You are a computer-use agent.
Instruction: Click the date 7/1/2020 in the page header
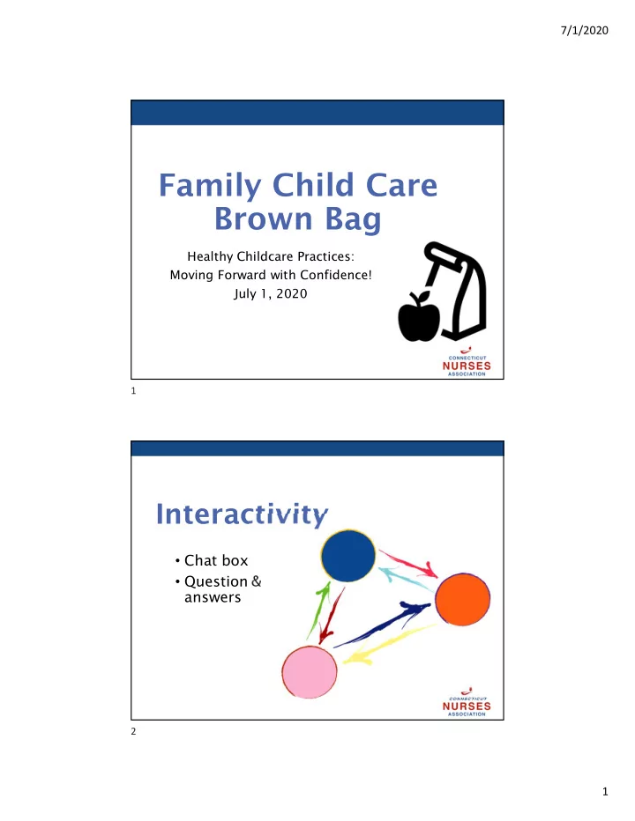[584, 30]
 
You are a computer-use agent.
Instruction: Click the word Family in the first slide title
[210, 186]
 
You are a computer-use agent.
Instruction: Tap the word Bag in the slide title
[353, 218]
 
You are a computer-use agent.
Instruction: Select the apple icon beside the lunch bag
[419, 316]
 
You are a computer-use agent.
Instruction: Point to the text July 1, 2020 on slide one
[271, 293]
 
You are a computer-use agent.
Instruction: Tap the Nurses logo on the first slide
[467, 362]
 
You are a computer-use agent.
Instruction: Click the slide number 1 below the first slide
[133, 390]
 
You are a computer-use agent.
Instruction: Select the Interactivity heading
[242, 514]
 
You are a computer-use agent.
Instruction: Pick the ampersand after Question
[256, 581]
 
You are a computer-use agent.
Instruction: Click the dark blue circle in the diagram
[348, 556]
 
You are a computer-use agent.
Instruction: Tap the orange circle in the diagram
[462, 599]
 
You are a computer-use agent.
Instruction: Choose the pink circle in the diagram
[310, 672]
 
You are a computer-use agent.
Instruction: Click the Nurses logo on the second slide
[467, 703]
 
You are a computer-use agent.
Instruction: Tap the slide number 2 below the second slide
[133, 731]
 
